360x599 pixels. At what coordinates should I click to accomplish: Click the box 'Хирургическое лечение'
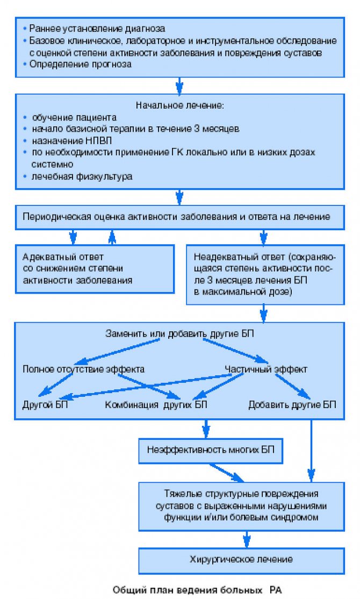[x=241, y=560]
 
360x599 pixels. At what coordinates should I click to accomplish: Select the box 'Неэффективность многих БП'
[x=211, y=450]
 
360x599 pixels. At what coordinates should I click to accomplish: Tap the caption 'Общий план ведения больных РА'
[x=197, y=589]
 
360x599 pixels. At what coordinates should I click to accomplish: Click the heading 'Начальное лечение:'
[x=180, y=105]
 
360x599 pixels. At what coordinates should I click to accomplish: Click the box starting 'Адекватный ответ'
[x=95, y=269]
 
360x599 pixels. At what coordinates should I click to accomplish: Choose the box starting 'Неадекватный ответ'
[x=265, y=275]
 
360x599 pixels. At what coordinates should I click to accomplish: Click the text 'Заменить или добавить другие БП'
[x=179, y=334]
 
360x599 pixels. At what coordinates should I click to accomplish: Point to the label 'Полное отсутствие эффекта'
[x=84, y=369]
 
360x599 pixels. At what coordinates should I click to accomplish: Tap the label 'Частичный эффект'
[x=266, y=369]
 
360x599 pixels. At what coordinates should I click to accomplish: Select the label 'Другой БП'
[x=45, y=404]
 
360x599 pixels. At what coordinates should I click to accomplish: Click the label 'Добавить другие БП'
[x=292, y=404]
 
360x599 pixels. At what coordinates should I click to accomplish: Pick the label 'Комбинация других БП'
[x=156, y=404]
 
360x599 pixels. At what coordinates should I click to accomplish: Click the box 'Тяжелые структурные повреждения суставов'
[x=241, y=506]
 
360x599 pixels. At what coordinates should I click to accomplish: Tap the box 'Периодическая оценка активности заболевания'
[x=180, y=217]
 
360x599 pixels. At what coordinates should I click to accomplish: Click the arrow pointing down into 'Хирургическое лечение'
[x=247, y=539]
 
